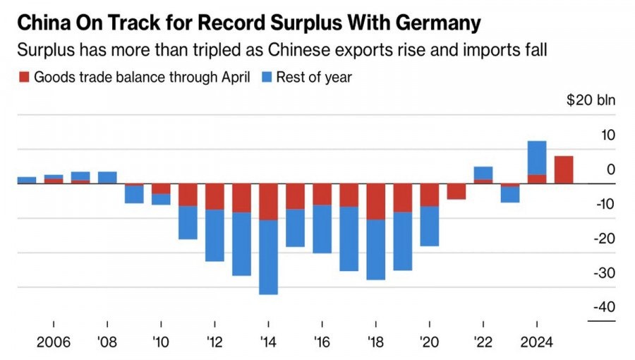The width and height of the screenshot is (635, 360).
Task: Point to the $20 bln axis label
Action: [x=591, y=100]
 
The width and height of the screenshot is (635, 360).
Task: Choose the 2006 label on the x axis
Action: [x=53, y=342]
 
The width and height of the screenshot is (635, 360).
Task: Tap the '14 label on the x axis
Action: [x=268, y=342]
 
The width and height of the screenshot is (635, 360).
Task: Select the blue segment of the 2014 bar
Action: [x=268, y=257]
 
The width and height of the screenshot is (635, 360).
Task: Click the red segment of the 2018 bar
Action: [x=376, y=201]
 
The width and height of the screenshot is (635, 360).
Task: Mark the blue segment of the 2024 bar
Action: [x=537, y=157]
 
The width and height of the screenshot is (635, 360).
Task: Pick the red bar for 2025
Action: [x=564, y=169]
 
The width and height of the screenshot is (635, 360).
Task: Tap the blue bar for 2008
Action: [x=107, y=177]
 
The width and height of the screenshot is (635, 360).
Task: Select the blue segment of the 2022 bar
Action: [x=483, y=173]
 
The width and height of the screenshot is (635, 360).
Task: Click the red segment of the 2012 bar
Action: [x=214, y=196]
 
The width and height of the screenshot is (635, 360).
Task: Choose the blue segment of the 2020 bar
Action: [x=430, y=226]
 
